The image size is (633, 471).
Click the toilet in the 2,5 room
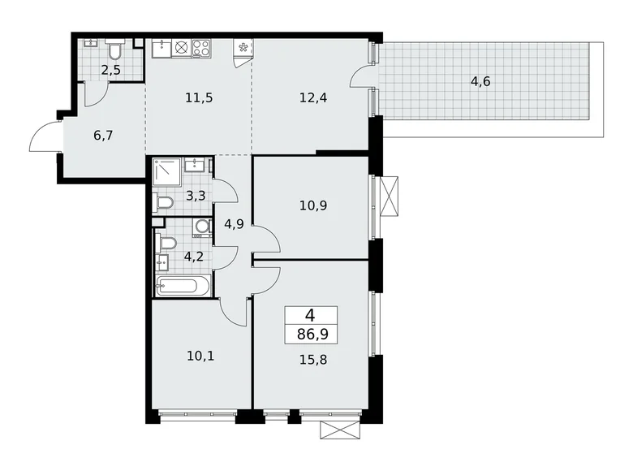(x=114, y=51)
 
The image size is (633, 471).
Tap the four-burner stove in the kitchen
(x=200, y=48)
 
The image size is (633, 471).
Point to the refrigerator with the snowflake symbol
(x=242, y=48)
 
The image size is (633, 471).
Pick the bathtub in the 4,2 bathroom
(x=183, y=286)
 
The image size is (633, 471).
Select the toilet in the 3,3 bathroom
(x=163, y=202)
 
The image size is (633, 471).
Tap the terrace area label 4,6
(x=480, y=81)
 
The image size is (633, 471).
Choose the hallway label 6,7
(x=103, y=135)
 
